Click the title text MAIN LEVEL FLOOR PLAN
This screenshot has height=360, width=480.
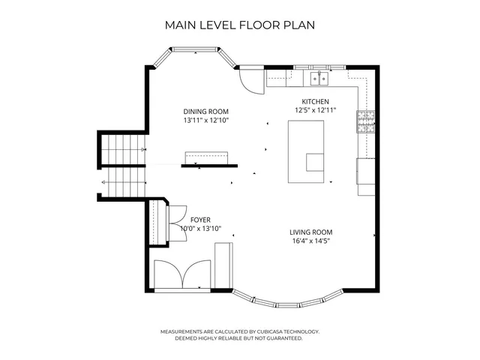(x=239, y=25)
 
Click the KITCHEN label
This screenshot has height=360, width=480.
(x=315, y=101)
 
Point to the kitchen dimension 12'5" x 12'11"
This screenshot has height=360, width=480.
(x=315, y=110)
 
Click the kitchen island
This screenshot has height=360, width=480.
(x=306, y=152)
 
